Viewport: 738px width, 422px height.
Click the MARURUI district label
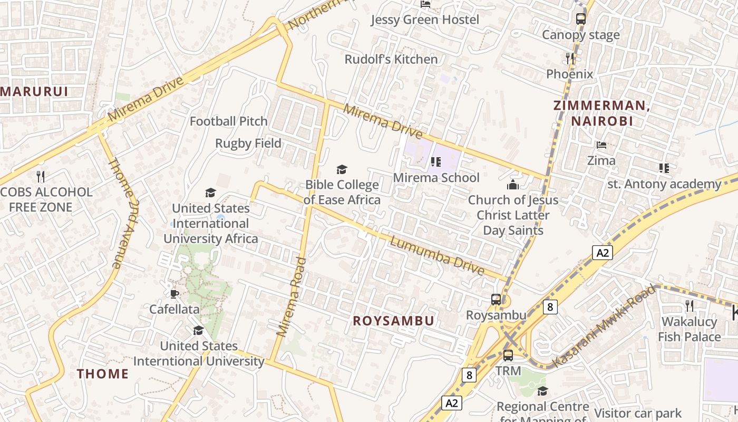[35, 91]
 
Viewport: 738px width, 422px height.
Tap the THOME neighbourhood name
[103, 374]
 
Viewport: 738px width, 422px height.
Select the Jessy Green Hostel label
[425, 20]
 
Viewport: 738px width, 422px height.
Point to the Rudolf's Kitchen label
[391, 59]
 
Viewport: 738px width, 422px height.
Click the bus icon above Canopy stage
[580, 20]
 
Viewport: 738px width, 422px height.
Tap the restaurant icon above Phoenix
[569, 59]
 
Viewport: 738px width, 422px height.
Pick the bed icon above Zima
[601, 145]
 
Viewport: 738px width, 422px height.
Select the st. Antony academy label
[664, 184]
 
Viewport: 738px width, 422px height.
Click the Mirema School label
[436, 177]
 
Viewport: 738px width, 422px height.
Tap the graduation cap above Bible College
[342, 169]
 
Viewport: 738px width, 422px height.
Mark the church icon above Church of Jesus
[513, 185]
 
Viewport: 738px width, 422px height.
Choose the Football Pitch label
[229, 121]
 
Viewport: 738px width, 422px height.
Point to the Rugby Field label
[248, 143]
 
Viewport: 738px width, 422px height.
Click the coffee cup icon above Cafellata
[174, 294]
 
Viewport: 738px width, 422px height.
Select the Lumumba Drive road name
[437, 256]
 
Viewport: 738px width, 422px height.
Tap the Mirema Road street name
[292, 296]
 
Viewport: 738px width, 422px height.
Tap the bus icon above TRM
[508, 356]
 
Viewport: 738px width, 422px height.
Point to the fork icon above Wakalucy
[688, 305]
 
